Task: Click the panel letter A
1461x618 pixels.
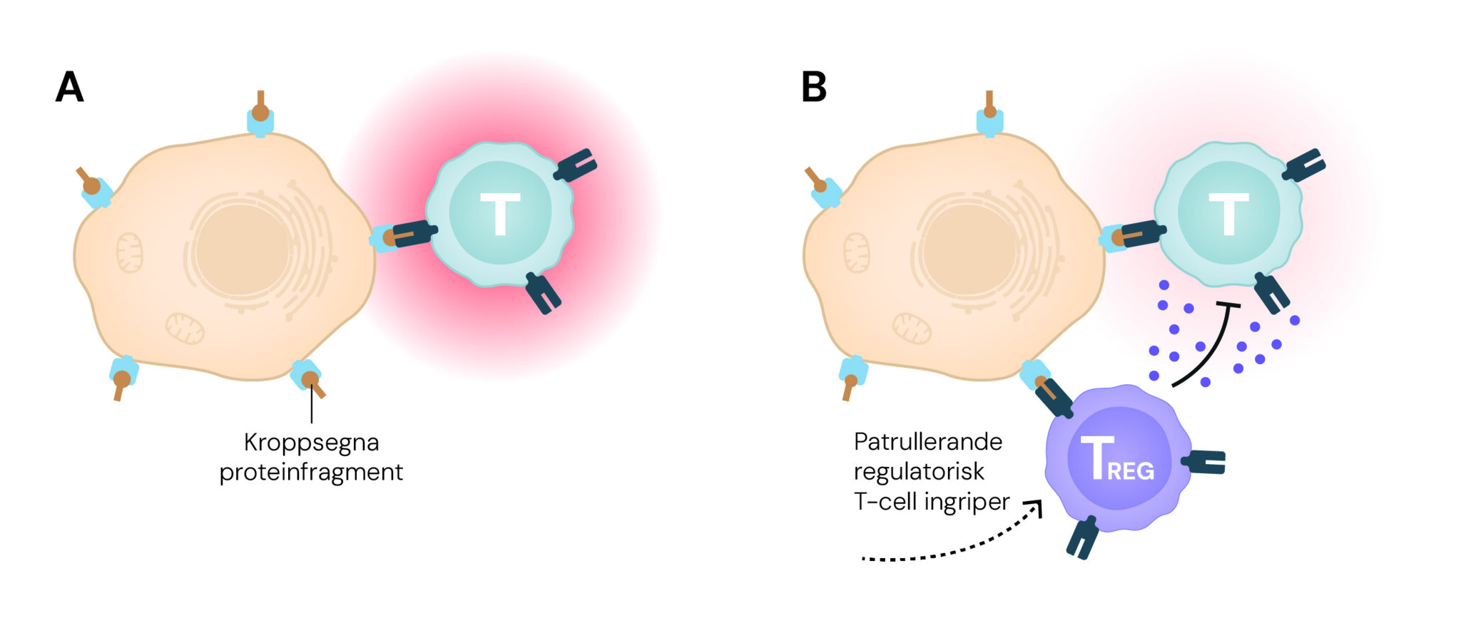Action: (70, 88)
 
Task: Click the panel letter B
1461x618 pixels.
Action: (814, 88)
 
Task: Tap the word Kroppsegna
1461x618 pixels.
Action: (311, 443)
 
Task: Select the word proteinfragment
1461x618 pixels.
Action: (311, 472)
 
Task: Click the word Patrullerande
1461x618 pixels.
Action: (928, 442)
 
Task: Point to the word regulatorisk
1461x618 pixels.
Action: (919, 472)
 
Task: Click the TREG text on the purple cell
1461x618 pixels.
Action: (1117, 459)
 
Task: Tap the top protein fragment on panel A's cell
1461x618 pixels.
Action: (260, 113)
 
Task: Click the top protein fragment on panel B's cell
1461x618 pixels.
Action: (989, 110)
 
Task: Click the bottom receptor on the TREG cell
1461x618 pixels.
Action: (1082, 537)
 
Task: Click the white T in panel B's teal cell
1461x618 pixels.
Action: (1228, 213)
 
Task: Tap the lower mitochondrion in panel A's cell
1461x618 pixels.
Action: (185, 328)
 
